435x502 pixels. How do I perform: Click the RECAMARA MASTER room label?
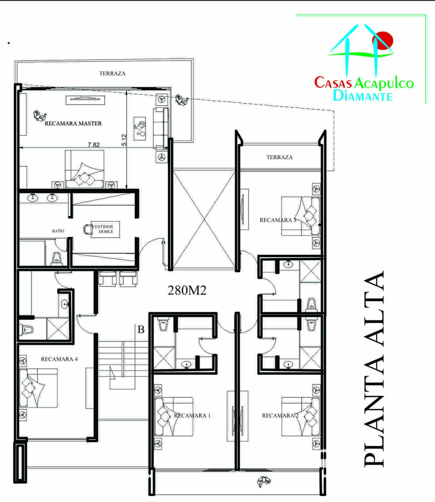pos(73,123)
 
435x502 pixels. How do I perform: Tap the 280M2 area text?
pos(187,290)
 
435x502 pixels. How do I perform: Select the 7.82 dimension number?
pos(94,145)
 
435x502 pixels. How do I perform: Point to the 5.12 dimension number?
pos(124,140)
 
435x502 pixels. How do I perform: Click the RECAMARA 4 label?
pos(59,359)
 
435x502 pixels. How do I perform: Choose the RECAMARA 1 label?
pos(192,415)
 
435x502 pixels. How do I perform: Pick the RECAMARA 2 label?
pos(280,416)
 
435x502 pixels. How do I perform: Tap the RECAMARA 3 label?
pos(278,220)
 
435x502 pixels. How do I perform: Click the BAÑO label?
pos(58,231)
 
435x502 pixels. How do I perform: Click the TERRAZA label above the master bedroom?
pos(112,74)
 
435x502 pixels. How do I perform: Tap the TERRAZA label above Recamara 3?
pos(280,157)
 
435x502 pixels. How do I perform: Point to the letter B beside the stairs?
pos(141,330)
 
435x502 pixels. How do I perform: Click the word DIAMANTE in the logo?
pos(363,95)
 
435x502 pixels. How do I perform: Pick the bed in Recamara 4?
pos(38,388)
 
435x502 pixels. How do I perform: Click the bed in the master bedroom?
pos(84,169)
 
